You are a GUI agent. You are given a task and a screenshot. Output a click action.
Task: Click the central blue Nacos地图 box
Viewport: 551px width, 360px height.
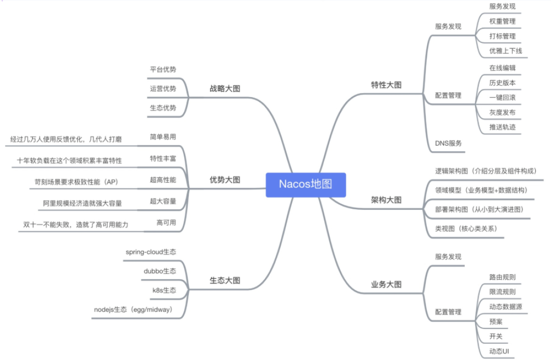(x=306, y=184)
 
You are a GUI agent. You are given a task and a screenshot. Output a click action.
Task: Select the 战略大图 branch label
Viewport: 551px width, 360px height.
(x=225, y=88)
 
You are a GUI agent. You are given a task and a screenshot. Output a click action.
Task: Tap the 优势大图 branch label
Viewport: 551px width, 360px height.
(x=225, y=180)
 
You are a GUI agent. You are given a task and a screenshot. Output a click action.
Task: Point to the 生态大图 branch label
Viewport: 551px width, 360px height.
(x=225, y=280)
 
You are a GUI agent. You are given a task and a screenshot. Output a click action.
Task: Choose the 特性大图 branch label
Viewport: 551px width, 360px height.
(x=386, y=85)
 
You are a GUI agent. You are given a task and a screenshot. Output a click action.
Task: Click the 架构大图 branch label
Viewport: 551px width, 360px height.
(x=386, y=200)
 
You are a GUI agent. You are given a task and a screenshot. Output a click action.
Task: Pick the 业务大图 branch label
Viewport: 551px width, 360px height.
(x=386, y=284)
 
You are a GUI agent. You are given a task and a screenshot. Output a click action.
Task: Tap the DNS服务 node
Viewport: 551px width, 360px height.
(x=448, y=143)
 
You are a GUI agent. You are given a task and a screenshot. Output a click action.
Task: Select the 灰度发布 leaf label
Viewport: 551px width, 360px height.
(x=502, y=112)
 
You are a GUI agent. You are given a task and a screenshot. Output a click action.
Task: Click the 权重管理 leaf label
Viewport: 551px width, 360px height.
(x=502, y=21)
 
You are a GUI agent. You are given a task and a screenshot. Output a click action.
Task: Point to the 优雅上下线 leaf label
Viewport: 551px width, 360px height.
(x=506, y=51)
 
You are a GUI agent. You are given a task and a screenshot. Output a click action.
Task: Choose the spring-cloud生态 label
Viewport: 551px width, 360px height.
(x=151, y=252)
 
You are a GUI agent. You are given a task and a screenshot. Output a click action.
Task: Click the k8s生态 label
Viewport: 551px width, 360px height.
(x=164, y=290)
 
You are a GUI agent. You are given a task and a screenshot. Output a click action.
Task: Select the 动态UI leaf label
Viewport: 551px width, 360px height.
(x=499, y=351)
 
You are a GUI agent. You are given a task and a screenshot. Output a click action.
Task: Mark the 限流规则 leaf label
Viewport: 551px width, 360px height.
(x=502, y=292)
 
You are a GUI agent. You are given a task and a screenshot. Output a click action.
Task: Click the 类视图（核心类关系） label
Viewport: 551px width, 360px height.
(x=466, y=229)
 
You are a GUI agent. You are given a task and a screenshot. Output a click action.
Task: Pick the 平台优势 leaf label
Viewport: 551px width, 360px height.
(x=163, y=69)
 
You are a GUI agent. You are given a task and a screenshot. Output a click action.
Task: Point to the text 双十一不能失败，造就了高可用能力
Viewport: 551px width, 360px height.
(x=76, y=224)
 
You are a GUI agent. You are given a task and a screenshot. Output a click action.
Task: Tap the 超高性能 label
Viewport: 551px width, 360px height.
(x=163, y=180)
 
